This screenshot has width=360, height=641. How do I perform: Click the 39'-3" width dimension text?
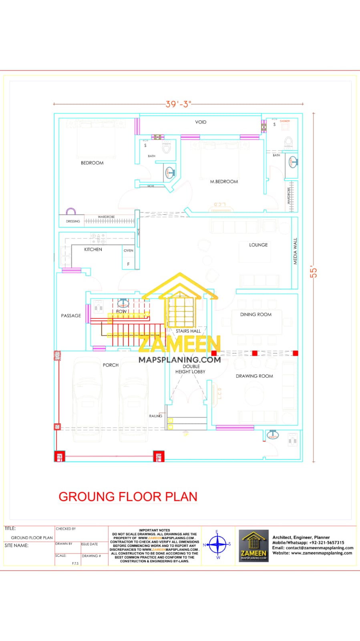pyautogui.click(x=179, y=104)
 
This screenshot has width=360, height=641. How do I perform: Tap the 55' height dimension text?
pyautogui.click(x=314, y=272)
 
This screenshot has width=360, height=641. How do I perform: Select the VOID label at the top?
pyautogui.click(x=201, y=122)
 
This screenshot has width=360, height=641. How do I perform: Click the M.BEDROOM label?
pyautogui.click(x=224, y=181)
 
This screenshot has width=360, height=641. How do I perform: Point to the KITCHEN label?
pyautogui.click(x=93, y=250)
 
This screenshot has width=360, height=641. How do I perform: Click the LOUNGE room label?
pyautogui.click(x=258, y=245)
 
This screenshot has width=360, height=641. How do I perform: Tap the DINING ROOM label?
pyautogui.click(x=255, y=314)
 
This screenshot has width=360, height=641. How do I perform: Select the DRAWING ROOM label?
pyautogui.click(x=254, y=376)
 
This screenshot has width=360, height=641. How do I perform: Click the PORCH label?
pyautogui.click(x=111, y=365)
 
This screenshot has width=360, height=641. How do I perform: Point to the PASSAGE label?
pyautogui.click(x=71, y=316)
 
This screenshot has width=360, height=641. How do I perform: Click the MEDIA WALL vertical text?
pyautogui.click(x=296, y=252)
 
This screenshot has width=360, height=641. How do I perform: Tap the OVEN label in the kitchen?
pyautogui.click(x=129, y=250)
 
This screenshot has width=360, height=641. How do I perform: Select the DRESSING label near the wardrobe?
pyautogui.click(x=73, y=221)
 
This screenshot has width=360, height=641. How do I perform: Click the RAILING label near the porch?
pyautogui.click(x=155, y=416)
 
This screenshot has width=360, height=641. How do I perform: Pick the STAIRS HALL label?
pyautogui.click(x=188, y=331)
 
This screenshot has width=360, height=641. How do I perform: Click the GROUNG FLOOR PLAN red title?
pyautogui.click(x=128, y=497)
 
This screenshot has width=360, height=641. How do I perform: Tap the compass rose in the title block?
pyautogui.click(x=217, y=544)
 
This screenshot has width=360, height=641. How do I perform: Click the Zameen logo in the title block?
pyautogui.click(x=253, y=545)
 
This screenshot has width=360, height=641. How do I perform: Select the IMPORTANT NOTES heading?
pyautogui.click(x=154, y=530)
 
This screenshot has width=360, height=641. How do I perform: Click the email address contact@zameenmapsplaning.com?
pyautogui.click(x=319, y=548)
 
